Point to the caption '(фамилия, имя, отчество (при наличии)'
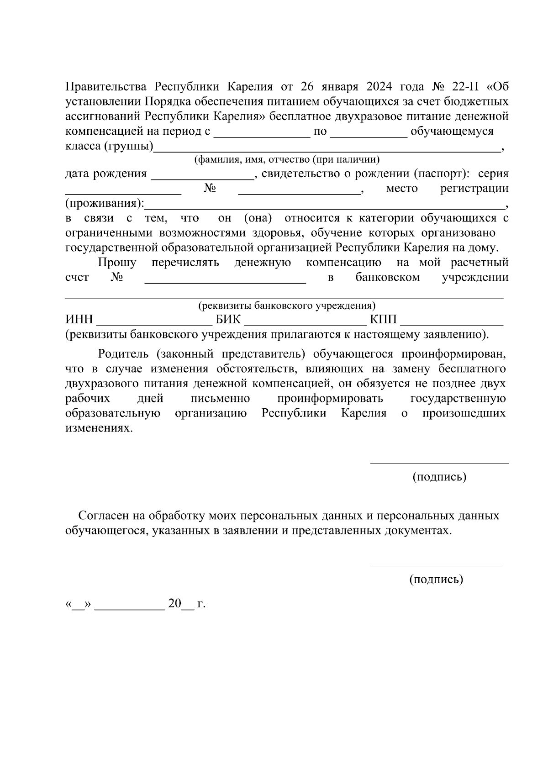click(287, 159)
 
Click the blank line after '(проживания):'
click(324, 204)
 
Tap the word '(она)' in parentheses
click(258, 218)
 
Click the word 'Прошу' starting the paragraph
click(117, 263)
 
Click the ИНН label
click(79, 319)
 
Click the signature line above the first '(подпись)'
click(439, 463)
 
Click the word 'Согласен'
click(104, 516)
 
